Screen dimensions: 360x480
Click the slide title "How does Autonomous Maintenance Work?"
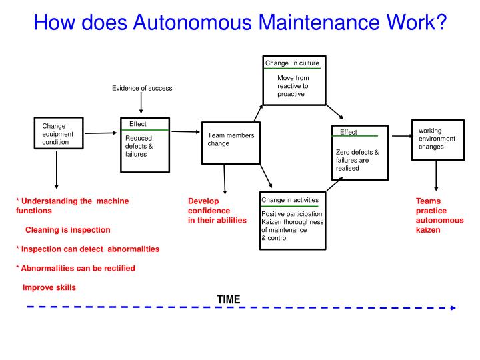239,23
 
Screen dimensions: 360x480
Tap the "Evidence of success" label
141,89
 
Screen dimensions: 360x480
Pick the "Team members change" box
231,143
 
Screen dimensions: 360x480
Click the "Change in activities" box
293,221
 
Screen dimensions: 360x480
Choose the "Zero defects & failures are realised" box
359,153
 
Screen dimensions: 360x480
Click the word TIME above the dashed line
228,299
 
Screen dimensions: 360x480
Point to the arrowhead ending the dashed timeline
453,308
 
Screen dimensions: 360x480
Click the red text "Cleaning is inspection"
67,230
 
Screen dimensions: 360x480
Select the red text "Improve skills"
49,287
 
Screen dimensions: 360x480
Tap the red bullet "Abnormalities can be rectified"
75,268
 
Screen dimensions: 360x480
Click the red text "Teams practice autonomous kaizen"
439,215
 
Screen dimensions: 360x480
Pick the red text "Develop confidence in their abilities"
217,210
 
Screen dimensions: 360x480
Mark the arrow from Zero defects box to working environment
399,136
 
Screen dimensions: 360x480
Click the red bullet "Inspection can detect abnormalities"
87,249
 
